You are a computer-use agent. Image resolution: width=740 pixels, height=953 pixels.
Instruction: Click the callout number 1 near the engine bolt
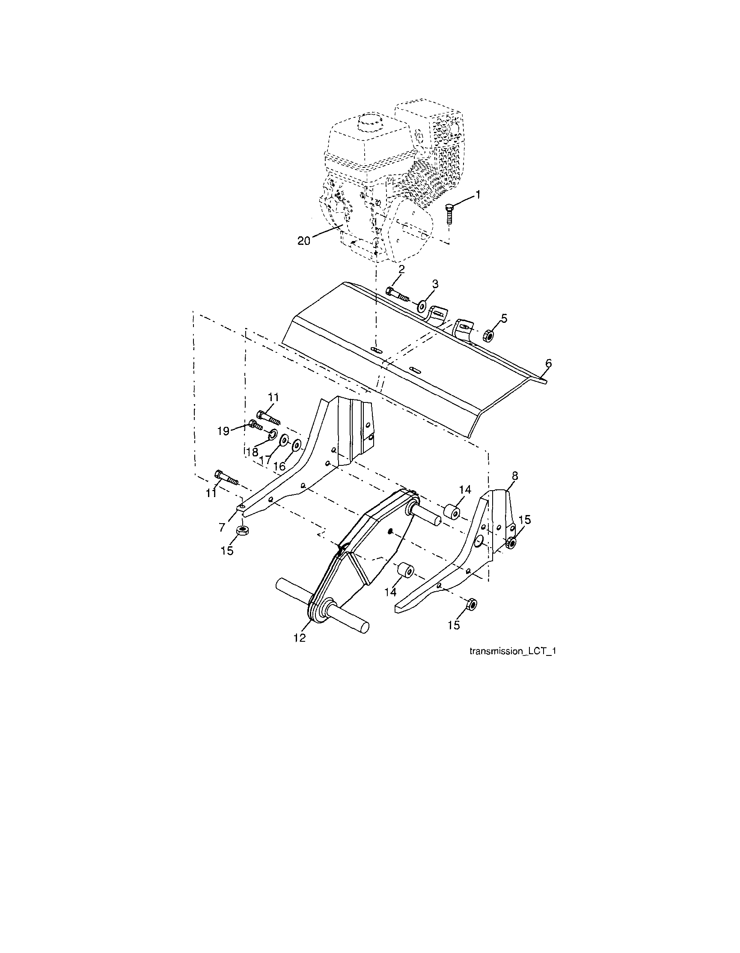478,195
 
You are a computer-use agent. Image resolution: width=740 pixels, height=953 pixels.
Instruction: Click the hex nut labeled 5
488,336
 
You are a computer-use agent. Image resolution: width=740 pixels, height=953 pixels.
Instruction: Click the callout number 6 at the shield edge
548,363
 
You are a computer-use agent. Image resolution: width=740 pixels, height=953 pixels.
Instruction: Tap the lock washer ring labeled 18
273,433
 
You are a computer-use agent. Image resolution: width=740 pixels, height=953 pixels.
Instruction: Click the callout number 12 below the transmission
299,637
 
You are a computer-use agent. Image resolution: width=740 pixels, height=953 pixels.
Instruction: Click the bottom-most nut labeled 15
472,604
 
